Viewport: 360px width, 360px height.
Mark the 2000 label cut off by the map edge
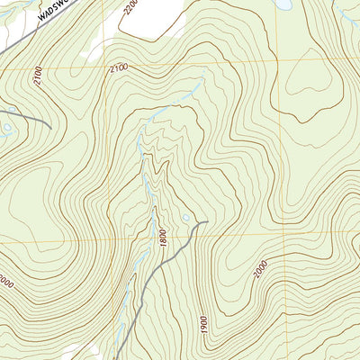click(5, 282)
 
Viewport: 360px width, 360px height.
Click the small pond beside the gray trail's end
click(185, 218)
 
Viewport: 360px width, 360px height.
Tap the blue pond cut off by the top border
click(283, 4)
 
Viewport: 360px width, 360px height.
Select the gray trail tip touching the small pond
click(205, 221)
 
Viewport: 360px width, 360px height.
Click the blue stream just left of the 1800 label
click(151, 225)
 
